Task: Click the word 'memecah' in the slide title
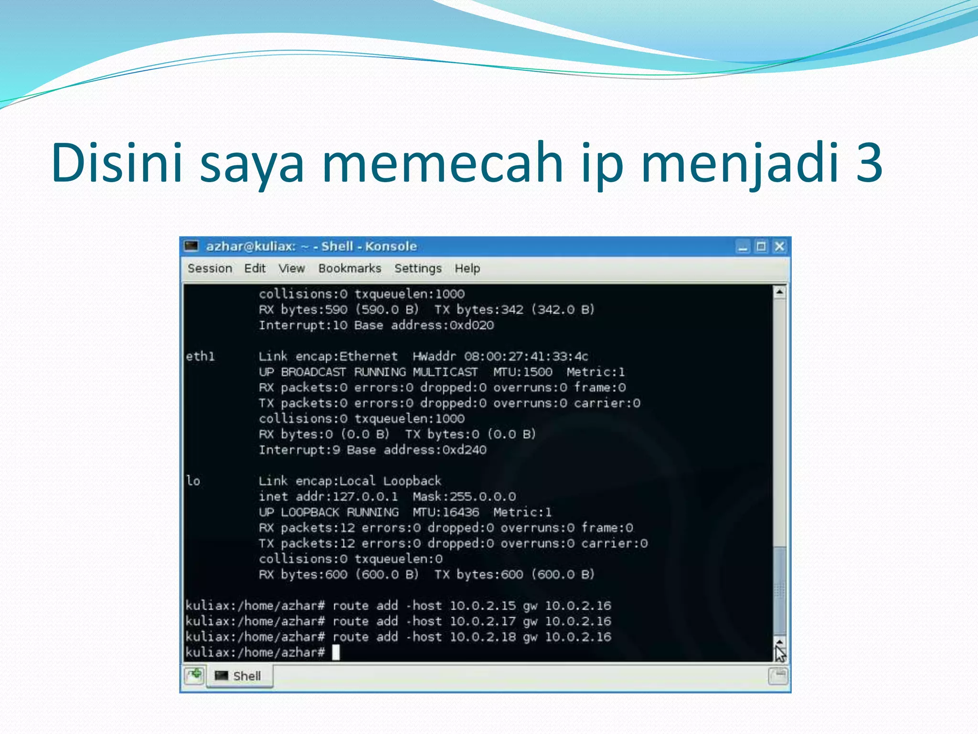tap(442, 162)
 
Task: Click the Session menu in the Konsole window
tap(210, 269)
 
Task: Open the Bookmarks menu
tap(350, 269)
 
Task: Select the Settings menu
tap(418, 269)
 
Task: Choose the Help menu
tap(467, 269)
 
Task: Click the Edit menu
tap(255, 269)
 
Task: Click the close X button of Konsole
tap(779, 247)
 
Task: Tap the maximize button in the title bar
tap(761, 247)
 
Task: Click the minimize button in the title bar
tap(743, 247)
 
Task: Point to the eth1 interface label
tap(200, 356)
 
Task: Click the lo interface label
tap(193, 481)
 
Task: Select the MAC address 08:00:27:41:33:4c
tap(526, 356)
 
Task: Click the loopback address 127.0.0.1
tap(365, 497)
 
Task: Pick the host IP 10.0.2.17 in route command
tap(482, 621)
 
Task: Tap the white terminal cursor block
tap(336, 652)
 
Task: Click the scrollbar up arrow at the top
tap(779, 291)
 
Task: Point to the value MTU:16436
tap(446, 512)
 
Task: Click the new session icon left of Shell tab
tap(194, 676)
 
